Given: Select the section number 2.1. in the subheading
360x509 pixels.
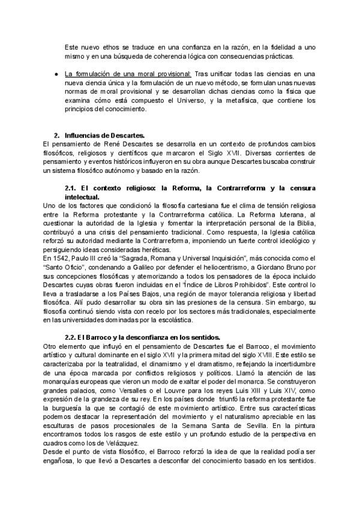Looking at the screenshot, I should [72, 188].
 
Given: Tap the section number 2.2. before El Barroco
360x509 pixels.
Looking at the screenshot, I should [72, 336].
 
